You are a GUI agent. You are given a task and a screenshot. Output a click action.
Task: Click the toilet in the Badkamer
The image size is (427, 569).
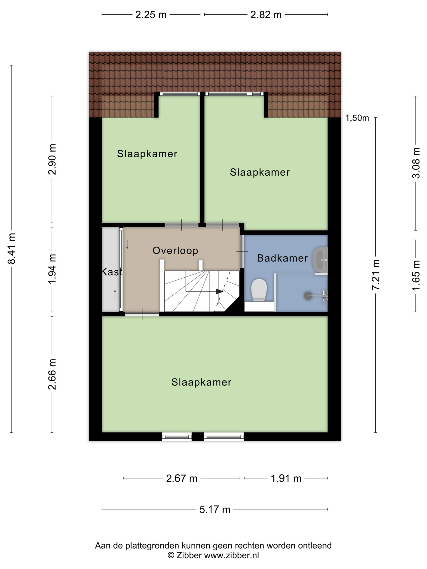coord(259,290)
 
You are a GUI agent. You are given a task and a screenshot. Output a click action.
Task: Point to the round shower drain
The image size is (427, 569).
coord(308,296)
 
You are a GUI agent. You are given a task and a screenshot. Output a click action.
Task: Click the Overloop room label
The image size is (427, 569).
coord(175,250)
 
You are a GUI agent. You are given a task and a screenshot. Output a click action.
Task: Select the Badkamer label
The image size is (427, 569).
coord(282,258)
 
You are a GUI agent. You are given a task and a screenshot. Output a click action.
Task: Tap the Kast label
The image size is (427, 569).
coord(112,272)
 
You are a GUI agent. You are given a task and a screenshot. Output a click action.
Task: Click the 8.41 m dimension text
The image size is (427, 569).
coord(12,248)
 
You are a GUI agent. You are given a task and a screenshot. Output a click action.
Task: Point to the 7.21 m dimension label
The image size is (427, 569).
coord(376,274)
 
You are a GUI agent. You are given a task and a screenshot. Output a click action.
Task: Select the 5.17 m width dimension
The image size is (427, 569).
coord(215,509)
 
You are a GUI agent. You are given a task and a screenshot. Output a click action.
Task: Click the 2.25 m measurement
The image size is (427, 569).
coord(151,15)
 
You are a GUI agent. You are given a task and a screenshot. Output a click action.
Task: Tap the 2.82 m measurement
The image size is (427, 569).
coord(266,15)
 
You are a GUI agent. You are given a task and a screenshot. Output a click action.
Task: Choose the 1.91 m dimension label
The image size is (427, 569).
coord(286,479)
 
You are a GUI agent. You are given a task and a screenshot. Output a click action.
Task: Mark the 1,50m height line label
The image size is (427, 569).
coord(357,118)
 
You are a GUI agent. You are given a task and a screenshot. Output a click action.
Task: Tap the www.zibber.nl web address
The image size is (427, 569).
coord(231,555)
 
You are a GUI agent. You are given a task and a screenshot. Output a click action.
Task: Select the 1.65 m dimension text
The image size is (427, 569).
coord(416,275)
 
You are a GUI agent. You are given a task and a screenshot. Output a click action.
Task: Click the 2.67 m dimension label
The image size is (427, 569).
coord(182,479)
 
